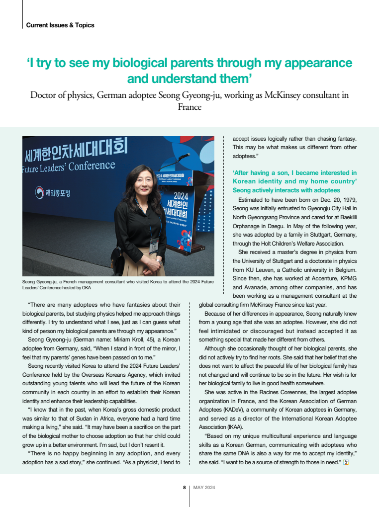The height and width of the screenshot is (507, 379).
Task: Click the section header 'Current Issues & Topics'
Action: (x=60, y=25)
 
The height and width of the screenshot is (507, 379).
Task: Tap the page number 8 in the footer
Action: (x=185, y=488)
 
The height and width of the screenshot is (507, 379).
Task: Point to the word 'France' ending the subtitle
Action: (x=189, y=106)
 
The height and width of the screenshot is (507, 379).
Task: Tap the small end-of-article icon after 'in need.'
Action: (x=346, y=463)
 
